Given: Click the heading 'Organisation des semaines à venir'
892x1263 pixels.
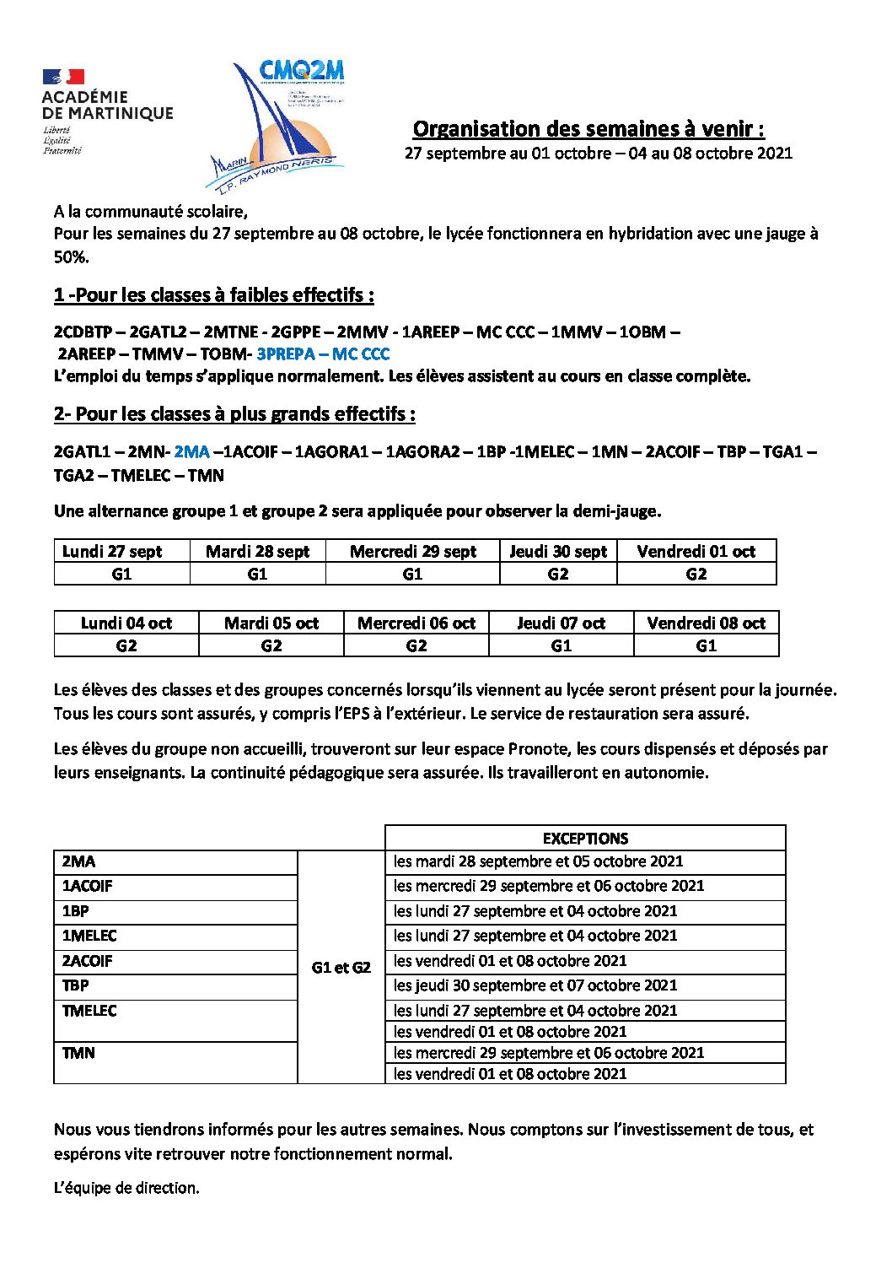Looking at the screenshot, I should [588, 129].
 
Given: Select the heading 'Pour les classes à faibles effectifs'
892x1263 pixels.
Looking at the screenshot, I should [213, 295].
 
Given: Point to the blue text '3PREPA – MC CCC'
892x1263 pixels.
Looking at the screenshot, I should [323, 354].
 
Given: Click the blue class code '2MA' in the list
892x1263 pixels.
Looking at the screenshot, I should [191, 452].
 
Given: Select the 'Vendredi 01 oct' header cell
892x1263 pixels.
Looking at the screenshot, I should [696, 552].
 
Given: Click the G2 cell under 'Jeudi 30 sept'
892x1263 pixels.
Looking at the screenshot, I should [558, 575].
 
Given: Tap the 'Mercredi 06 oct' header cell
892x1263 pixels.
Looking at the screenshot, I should [416, 623].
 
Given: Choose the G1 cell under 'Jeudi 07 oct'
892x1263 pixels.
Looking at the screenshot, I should [561, 646].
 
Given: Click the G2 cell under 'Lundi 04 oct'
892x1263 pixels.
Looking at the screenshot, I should [126, 646].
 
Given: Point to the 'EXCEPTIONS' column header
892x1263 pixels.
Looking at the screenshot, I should [585, 839].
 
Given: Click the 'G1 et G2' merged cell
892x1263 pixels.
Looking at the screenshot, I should [341, 968].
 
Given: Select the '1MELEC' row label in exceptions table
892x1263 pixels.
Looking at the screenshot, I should [89, 936].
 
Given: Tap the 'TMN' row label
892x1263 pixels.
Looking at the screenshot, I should [78, 1053].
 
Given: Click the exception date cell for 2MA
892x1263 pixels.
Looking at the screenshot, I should [538, 861].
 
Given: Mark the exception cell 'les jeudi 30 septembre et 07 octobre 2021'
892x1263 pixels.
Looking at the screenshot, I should [535, 985].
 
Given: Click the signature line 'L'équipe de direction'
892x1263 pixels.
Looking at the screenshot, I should [126, 1188].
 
